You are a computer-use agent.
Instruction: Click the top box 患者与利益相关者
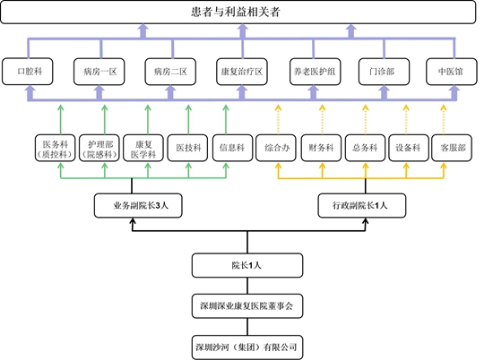(x=238, y=12)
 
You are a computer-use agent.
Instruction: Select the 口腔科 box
(x=28, y=72)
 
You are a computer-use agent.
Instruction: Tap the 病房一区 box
(x=99, y=72)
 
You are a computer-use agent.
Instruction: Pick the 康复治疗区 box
(x=242, y=72)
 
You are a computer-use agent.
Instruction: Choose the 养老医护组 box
(x=315, y=72)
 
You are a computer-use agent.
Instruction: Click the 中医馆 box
(x=452, y=72)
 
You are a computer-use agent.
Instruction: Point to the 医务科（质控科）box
(x=55, y=148)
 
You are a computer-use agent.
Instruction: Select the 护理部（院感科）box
(x=99, y=148)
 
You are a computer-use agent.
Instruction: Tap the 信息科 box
(x=232, y=148)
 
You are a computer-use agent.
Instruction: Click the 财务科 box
(x=321, y=148)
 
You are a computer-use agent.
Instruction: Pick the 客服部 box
(x=452, y=148)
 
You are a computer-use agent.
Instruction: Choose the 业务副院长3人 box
(x=138, y=205)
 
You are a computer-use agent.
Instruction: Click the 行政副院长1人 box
(x=362, y=205)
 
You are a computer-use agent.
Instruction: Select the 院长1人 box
(x=247, y=265)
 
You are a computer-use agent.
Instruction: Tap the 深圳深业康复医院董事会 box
(x=247, y=306)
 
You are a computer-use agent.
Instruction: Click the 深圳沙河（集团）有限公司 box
(x=247, y=347)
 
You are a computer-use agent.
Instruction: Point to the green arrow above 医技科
(x=188, y=120)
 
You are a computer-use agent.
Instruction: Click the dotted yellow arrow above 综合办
(x=278, y=120)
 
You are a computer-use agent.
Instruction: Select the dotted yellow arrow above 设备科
(x=406, y=120)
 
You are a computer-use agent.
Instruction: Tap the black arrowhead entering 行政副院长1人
(x=366, y=221)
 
